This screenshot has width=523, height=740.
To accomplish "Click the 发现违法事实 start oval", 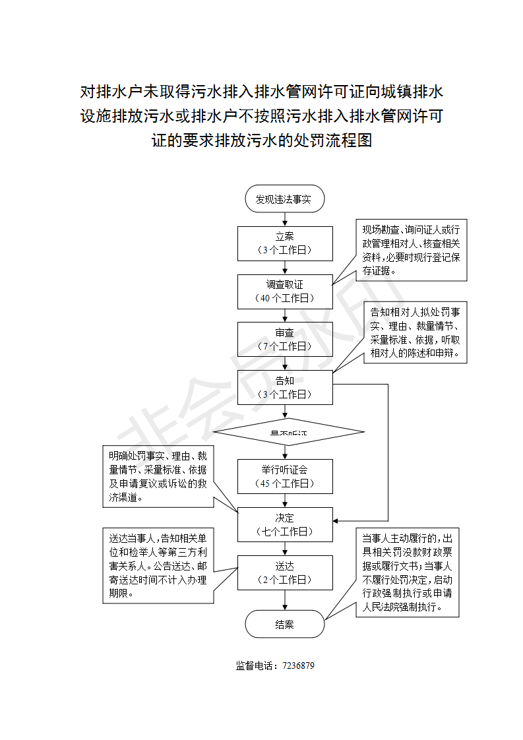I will coord(285,199).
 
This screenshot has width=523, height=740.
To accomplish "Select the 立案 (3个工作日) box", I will coord(285,243).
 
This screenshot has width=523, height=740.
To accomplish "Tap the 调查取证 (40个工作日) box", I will coord(285,291).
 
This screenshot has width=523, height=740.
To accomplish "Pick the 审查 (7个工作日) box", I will coord(285,339).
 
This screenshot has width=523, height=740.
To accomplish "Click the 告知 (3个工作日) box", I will coord(285,387).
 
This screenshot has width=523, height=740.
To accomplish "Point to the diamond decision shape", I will coord(289,431).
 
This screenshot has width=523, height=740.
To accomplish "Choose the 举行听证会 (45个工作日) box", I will coord(285,476).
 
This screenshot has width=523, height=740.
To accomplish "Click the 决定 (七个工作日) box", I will coord(285,524).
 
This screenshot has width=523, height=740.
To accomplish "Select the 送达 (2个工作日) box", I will coord(285,572).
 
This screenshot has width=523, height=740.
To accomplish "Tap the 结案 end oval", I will coord(285,624).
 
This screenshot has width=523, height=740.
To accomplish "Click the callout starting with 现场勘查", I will coord(412,250).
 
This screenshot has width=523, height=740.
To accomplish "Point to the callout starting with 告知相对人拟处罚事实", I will coord(415,333).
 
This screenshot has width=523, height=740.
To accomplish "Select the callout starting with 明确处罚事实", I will coord(158,476).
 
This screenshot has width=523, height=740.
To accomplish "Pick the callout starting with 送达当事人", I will coord(158,565).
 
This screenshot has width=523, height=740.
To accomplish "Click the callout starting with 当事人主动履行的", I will coord(408,571).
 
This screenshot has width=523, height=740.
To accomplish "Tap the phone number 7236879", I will coord(298,665).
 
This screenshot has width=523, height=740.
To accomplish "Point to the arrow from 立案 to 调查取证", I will coord(285,267).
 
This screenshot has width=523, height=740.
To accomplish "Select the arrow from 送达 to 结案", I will coord(285,600).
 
